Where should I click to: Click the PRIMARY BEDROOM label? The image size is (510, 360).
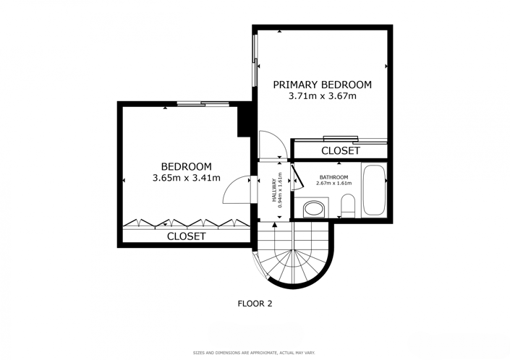click(x=322, y=85)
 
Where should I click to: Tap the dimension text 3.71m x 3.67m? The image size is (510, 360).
click(x=322, y=96)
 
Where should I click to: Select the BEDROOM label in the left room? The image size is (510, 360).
click(x=186, y=166)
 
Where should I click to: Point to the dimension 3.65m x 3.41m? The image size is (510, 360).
click(x=186, y=178)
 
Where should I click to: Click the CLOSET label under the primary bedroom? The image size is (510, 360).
click(x=340, y=151)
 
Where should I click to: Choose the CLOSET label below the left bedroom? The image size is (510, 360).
click(x=186, y=236)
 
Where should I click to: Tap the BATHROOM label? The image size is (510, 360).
click(x=333, y=177)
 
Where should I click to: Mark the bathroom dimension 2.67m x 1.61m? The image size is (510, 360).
click(x=333, y=184)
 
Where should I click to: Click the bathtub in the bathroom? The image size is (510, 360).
click(x=374, y=191)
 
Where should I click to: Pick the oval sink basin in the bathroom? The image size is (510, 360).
click(x=314, y=209)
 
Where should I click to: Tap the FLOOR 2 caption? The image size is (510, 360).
click(x=255, y=304)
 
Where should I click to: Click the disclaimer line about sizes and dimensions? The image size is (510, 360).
click(x=255, y=353)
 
